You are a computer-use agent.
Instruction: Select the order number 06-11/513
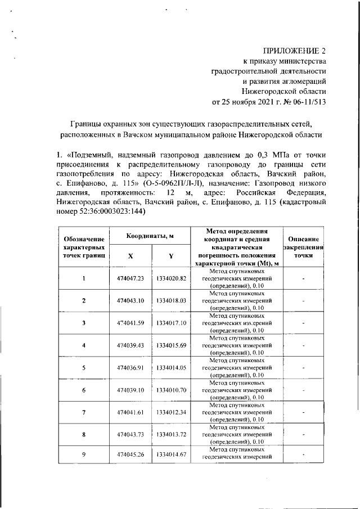point(307,102)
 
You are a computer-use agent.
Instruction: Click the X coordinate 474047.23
point(130,278)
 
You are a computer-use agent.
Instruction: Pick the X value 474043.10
point(130,301)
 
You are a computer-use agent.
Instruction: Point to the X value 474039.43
point(130,345)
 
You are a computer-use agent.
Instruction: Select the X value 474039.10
point(130,389)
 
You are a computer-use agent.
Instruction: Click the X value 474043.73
point(130,434)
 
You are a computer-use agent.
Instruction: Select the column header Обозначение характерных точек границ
point(83,246)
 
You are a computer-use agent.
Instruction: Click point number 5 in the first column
point(83,367)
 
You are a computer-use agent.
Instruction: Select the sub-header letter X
point(130,256)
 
